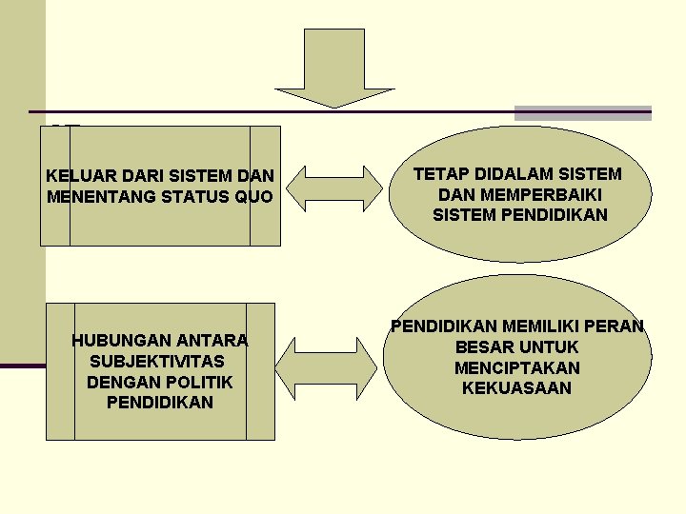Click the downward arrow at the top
tap(333, 67)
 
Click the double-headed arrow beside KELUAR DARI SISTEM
tap(334, 188)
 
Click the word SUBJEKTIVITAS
tap(156, 362)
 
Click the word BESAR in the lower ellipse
tap(483, 347)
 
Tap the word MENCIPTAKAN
tap(517, 367)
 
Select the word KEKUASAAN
tap(517, 388)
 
